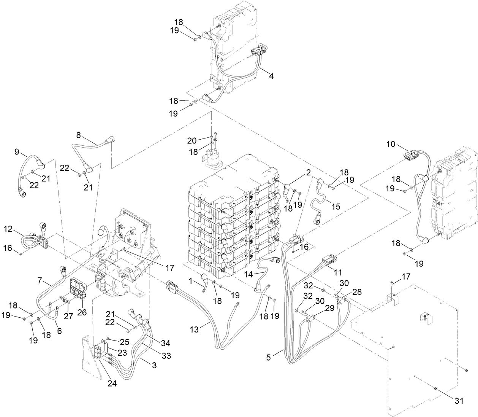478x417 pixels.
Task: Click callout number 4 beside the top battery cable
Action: (271, 75)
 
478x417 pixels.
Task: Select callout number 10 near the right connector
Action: (391, 144)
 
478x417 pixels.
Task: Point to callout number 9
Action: (17, 151)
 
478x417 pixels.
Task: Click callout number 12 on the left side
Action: (8, 230)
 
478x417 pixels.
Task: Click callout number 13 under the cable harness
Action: (194, 329)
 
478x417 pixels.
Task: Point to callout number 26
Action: (82, 312)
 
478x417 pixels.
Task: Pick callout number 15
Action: (336, 206)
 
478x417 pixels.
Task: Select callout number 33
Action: (166, 356)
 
